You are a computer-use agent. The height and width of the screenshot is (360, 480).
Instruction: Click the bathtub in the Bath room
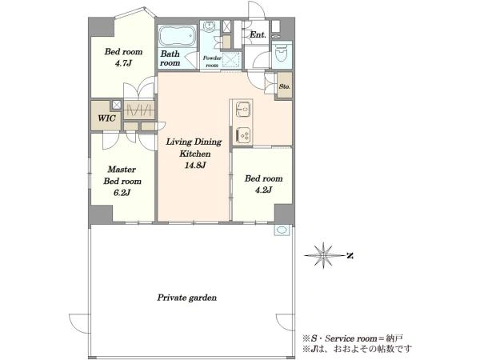coord(177,36)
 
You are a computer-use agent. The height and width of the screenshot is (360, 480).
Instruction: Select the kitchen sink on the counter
coord(243,110)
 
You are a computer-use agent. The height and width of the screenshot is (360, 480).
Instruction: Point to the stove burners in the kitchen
coord(243,134)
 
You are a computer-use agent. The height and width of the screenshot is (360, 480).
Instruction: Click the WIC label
coord(106,118)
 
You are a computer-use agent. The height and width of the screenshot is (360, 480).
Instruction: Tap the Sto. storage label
coord(284,86)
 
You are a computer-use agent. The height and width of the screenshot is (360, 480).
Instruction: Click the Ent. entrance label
coord(258,34)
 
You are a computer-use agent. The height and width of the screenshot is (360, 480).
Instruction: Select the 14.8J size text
coord(194,166)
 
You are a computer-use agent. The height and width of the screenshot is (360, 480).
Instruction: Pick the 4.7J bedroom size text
coord(123,63)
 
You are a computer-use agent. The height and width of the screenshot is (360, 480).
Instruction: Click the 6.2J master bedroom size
coord(122,193)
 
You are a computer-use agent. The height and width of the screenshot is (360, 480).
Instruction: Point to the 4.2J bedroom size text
coord(263,190)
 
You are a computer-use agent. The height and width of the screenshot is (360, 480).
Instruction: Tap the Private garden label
coord(186,298)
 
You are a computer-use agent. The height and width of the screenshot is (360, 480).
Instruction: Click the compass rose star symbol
coord(323,255)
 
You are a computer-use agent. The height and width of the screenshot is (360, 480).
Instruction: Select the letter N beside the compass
coord(350,255)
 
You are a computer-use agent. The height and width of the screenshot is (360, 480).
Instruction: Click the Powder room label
coord(212,62)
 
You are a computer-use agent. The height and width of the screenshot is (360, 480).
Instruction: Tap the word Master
coord(122,170)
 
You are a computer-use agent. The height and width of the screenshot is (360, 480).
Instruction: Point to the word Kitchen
coord(194,154)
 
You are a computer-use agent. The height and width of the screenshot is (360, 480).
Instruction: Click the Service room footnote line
coord(352,338)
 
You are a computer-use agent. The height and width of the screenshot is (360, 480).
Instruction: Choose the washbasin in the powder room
coord(210,26)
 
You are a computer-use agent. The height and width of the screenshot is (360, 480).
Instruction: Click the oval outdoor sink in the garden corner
coord(282,230)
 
